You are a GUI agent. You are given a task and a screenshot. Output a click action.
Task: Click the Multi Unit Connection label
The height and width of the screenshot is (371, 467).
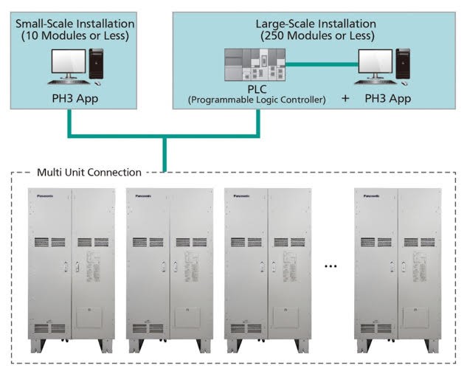pos(89,173)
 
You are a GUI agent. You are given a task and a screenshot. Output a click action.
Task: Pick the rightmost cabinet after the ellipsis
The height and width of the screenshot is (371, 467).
pos(398,269)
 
